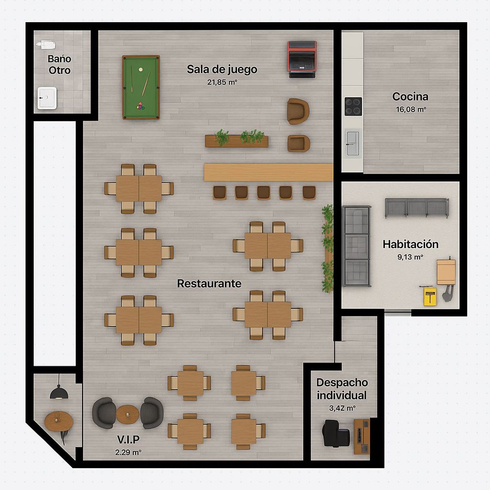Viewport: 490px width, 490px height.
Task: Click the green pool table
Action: [x=141, y=87]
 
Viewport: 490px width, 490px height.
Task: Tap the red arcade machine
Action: [x=302, y=59]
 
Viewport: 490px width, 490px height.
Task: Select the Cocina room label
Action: [x=410, y=96]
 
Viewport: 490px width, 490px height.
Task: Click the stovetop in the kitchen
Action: [x=353, y=106]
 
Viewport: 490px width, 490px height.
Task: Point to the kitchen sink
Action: [x=353, y=143]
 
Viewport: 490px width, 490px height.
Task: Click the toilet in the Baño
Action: [x=46, y=44]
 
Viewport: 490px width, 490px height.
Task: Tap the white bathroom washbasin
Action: [x=47, y=98]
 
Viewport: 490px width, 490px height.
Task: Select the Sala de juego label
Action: [x=222, y=70]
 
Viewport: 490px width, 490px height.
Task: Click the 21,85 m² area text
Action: [x=222, y=82]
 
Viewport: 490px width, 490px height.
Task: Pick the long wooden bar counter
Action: [x=269, y=172]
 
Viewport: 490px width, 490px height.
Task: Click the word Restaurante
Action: [x=209, y=283]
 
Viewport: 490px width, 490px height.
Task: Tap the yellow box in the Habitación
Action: [x=430, y=296]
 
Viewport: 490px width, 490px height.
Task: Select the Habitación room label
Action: [x=410, y=244]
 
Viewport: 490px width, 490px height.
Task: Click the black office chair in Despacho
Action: [x=336, y=433]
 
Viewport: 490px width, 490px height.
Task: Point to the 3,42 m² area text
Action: [x=342, y=408]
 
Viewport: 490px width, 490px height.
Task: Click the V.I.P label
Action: [x=128, y=440]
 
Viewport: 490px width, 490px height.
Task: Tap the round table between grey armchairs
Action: [x=128, y=414]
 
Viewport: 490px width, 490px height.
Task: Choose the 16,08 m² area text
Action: [x=411, y=109]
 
